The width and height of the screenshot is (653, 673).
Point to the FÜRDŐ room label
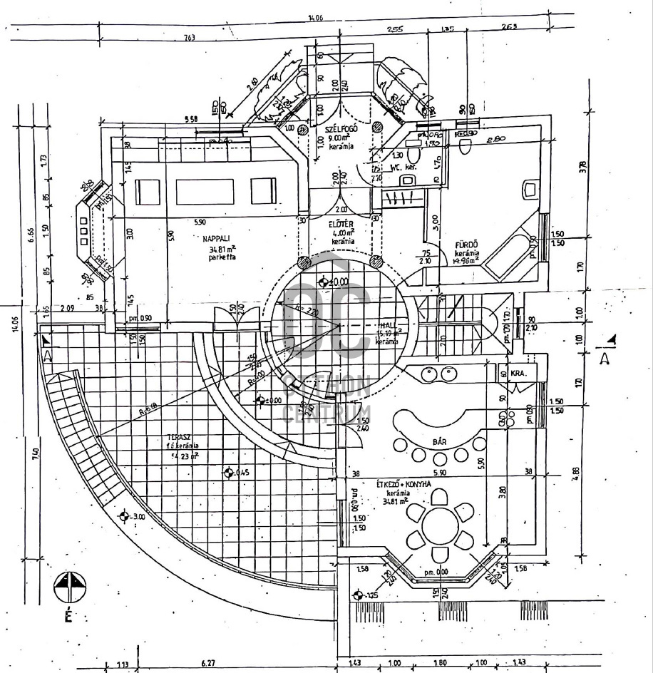pyautogui.click(x=467, y=245)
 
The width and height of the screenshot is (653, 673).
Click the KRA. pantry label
pyautogui.click(x=519, y=373)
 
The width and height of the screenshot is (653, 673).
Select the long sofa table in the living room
pyautogui.click(x=205, y=191)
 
